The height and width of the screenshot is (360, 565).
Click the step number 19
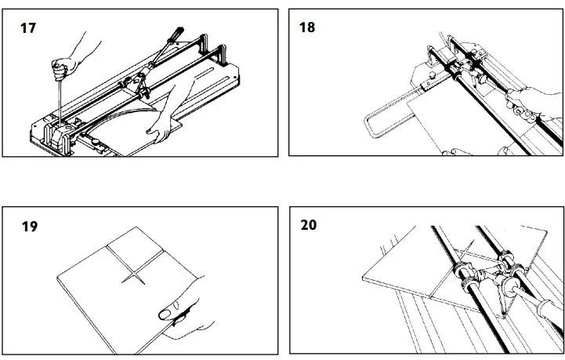tap(29, 227)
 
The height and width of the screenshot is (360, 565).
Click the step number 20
tap(309, 226)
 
